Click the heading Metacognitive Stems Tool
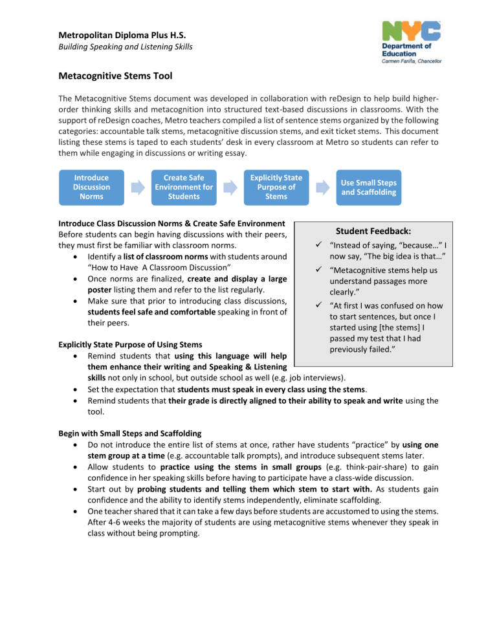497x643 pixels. tap(115, 76)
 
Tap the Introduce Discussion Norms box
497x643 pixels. tap(92, 187)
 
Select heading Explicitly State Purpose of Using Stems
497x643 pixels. tap(130, 344)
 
